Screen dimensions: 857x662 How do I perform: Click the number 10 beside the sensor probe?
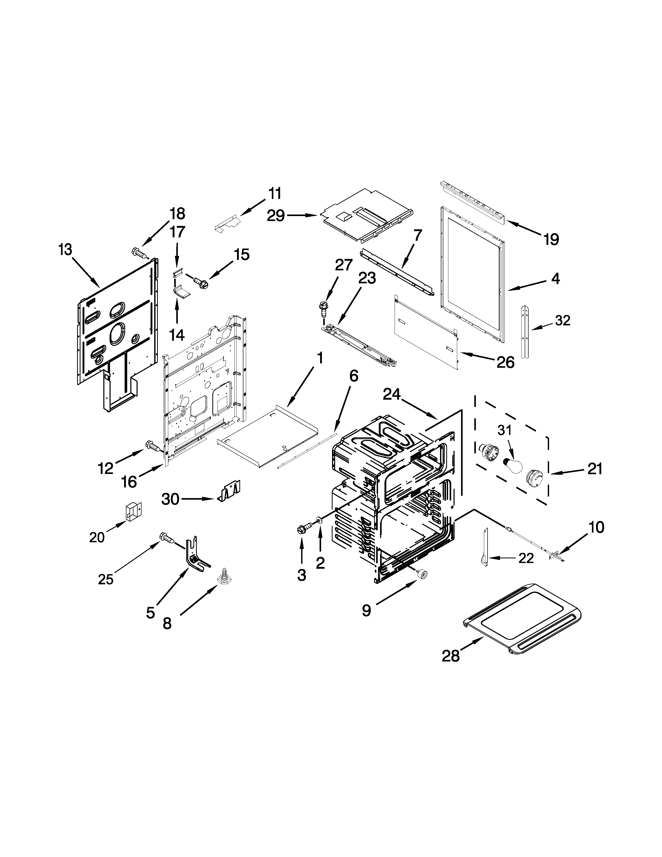click(x=596, y=527)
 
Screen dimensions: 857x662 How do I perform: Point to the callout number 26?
click(x=505, y=362)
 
